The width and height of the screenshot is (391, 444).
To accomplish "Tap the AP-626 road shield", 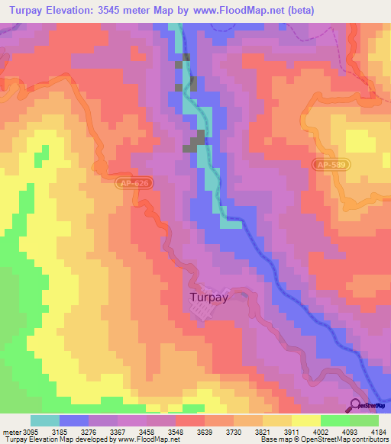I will click(x=135, y=184).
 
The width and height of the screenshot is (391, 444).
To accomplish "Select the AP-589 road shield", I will click(x=331, y=164).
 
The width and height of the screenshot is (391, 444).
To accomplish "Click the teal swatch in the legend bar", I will click(x=45, y=420).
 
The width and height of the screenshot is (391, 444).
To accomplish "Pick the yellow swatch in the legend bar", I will click(x=305, y=420).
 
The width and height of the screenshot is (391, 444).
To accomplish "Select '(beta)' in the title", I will click(x=296, y=10).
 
